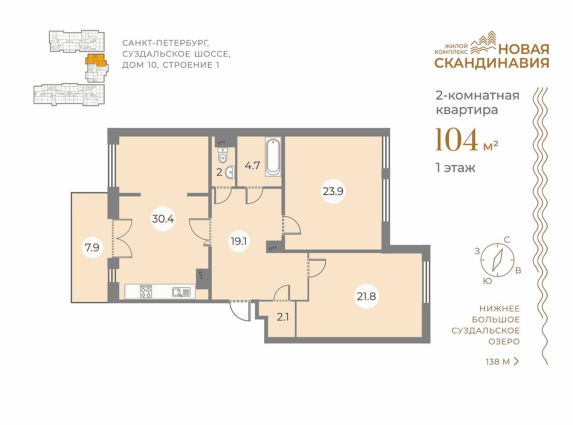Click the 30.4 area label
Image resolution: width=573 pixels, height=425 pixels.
coord(163,219)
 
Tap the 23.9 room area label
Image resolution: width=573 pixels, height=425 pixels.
coord(333,191)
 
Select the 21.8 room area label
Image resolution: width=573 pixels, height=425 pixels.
coord(366,297)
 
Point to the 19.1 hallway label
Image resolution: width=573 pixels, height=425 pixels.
coord(239,241)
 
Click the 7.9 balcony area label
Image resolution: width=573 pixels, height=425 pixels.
coord(92,248)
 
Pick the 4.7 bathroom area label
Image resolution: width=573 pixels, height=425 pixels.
coord(252,165)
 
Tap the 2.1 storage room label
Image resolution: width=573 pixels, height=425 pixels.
coord(283,317)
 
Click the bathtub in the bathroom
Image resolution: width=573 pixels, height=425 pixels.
coord(273,157)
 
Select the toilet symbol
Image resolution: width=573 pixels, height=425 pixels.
coord(223,155)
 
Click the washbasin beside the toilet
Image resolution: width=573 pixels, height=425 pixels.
coord(230,172)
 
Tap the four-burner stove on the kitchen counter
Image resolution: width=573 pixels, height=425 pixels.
coord(146,291)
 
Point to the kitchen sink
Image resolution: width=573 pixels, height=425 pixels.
coord(181,292)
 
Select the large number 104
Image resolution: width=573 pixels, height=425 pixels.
coord(457,140)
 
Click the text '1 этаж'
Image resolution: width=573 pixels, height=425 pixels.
coord(456,168)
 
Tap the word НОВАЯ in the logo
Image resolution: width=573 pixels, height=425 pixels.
coord(524,49)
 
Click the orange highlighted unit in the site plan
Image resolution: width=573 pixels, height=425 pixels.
coord(96,60)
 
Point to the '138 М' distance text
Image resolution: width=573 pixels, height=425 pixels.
coord(497,362)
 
